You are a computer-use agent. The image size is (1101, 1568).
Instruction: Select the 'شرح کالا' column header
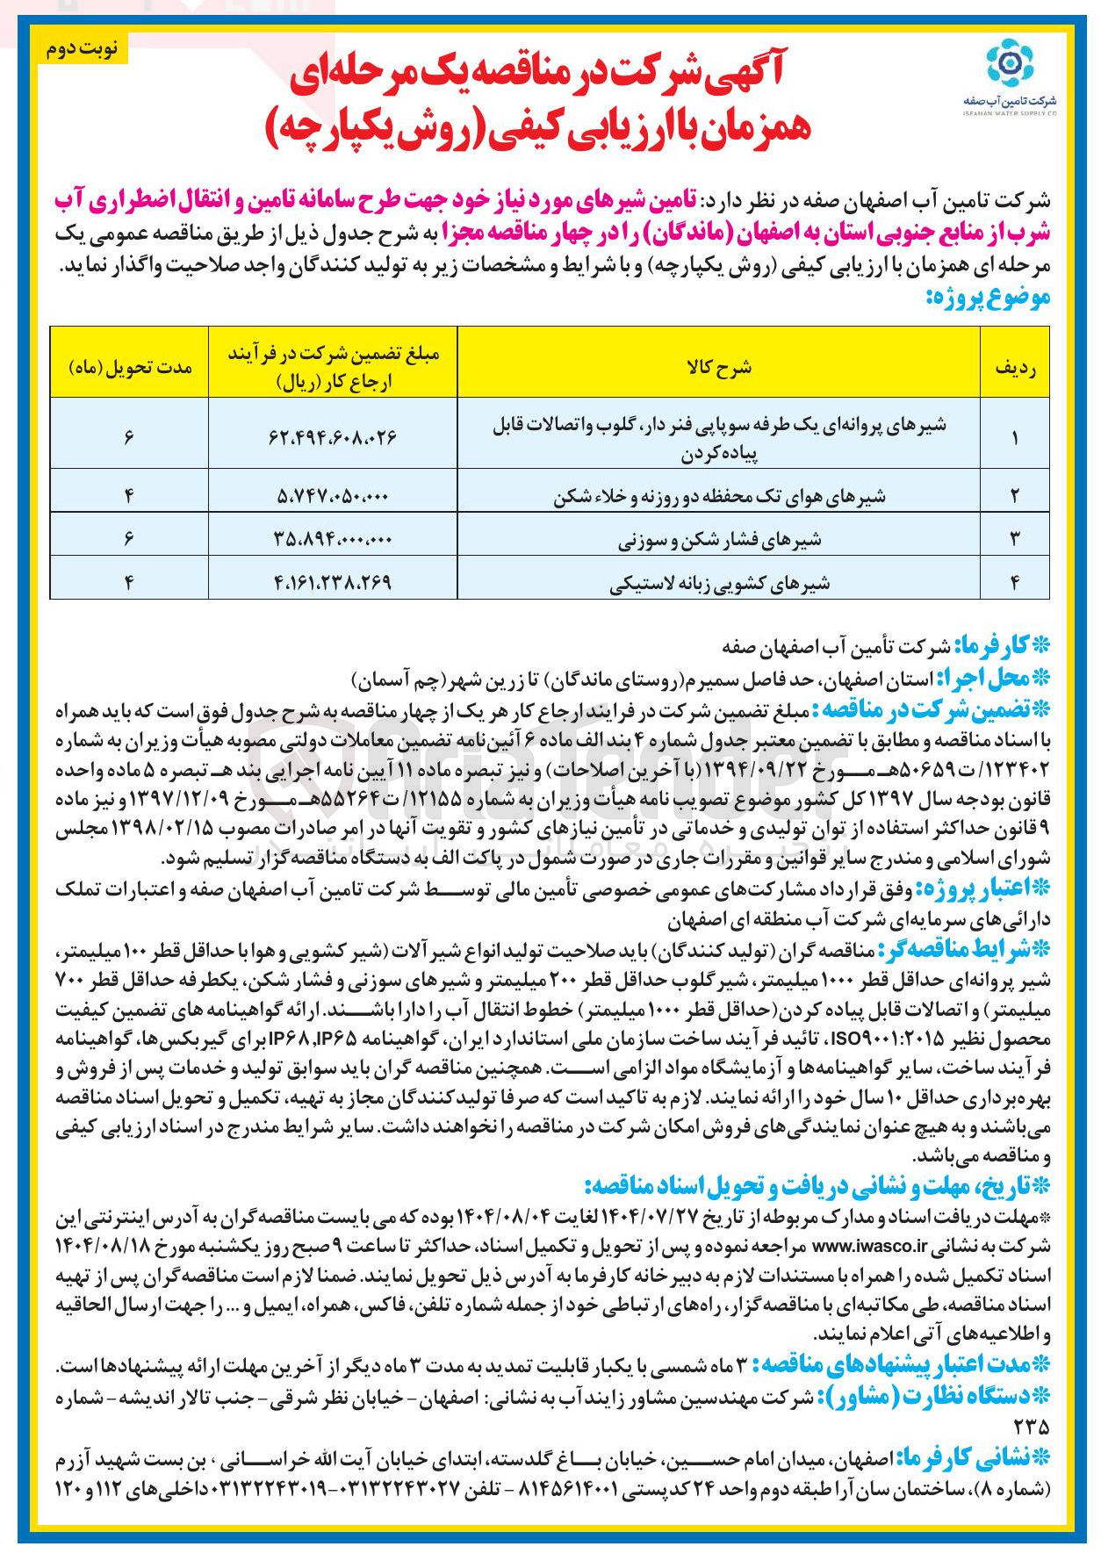click(720, 368)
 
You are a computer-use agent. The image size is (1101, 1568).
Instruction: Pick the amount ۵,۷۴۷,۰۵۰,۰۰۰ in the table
click(333, 497)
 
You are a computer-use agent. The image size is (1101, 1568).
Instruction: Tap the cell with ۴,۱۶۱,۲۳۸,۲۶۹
click(333, 581)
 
